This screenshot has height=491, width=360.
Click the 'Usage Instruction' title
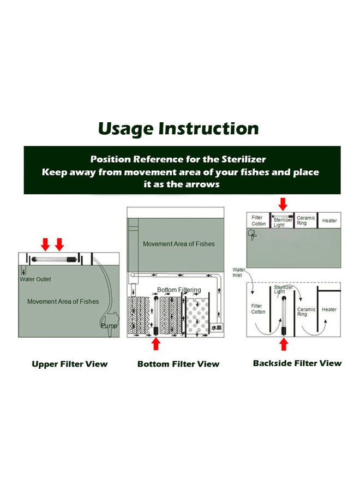pyautogui.click(x=178, y=129)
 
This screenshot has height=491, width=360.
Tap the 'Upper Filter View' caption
pyautogui.click(x=69, y=364)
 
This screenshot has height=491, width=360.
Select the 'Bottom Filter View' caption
pyautogui.click(x=178, y=364)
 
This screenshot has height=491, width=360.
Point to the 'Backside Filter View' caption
pyautogui.click(x=297, y=363)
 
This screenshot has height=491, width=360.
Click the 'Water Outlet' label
pyautogui.click(x=35, y=279)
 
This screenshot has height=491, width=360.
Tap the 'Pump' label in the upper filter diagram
pyautogui.click(x=109, y=326)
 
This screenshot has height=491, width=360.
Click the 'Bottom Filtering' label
pyautogui.click(x=179, y=290)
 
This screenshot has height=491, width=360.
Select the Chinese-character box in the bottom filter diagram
pyautogui.click(x=217, y=327)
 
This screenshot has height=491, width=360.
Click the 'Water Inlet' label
pyautogui.click(x=238, y=272)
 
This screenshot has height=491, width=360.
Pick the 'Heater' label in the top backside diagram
pyautogui.click(x=329, y=221)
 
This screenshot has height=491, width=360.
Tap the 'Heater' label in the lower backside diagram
pyautogui.click(x=329, y=309)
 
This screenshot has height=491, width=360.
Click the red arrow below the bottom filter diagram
pyautogui.click(x=156, y=344)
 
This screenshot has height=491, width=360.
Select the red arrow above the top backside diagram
pyautogui.click(x=283, y=204)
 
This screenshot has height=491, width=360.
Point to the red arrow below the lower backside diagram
pyautogui.click(x=284, y=344)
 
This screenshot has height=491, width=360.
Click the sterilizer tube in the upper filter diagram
pyautogui.click(x=54, y=259)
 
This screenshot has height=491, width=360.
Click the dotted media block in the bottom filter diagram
pyautogui.click(x=197, y=316)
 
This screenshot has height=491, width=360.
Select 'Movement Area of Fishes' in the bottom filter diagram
pyautogui.click(x=179, y=244)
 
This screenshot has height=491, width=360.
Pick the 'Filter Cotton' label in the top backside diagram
pyautogui.click(x=258, y=221)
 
